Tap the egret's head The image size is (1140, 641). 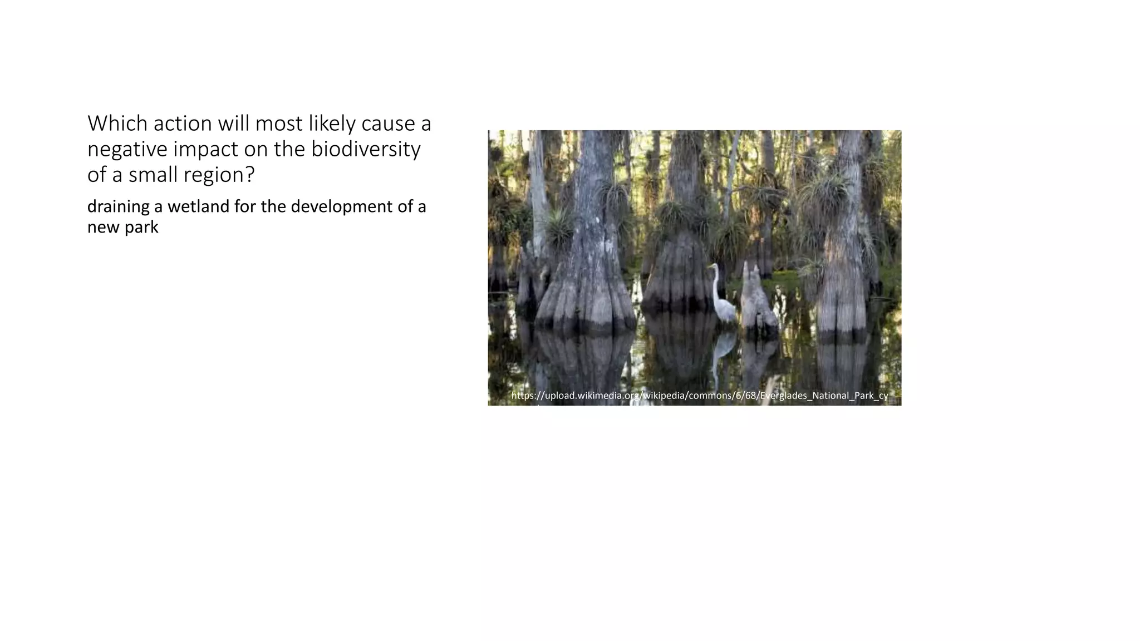pos(711,267)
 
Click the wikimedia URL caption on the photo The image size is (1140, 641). pos(699,396)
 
